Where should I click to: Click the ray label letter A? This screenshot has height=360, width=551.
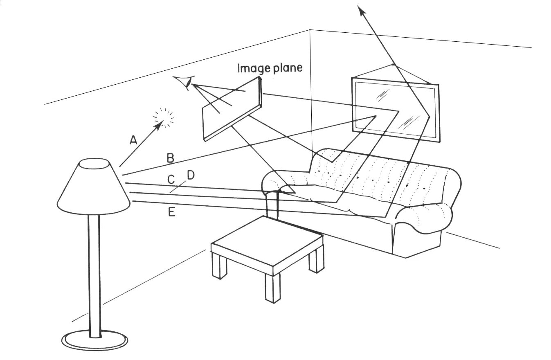pos(133,140)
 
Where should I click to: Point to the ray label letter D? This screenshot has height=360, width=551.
pos(191,175)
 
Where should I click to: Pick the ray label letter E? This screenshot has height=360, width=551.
pos(172,212)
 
